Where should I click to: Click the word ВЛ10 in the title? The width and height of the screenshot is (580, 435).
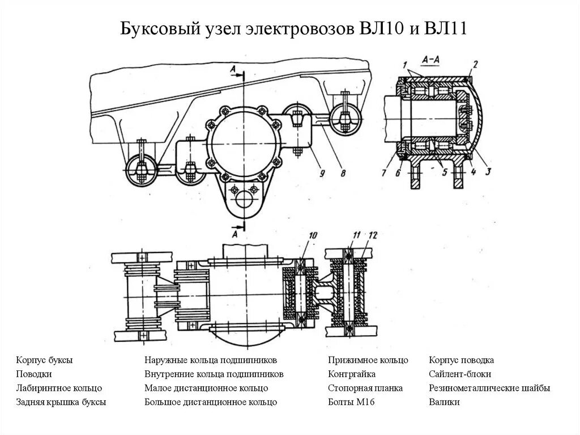point(378,29)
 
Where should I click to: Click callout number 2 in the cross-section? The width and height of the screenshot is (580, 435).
point(475,64)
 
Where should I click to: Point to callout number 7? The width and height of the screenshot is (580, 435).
point(384,172)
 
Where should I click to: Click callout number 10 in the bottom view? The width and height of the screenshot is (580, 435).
point(313,236)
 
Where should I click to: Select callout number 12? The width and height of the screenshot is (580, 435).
point(371,235)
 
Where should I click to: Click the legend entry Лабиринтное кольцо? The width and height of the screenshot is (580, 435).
point(59,388)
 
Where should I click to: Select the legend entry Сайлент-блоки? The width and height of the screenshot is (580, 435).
point(460,374)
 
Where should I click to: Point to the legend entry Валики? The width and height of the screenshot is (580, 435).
point(444,402)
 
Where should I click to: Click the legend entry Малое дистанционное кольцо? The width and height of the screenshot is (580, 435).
point(206,388)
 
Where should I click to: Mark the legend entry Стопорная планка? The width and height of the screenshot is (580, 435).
point(365,388)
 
